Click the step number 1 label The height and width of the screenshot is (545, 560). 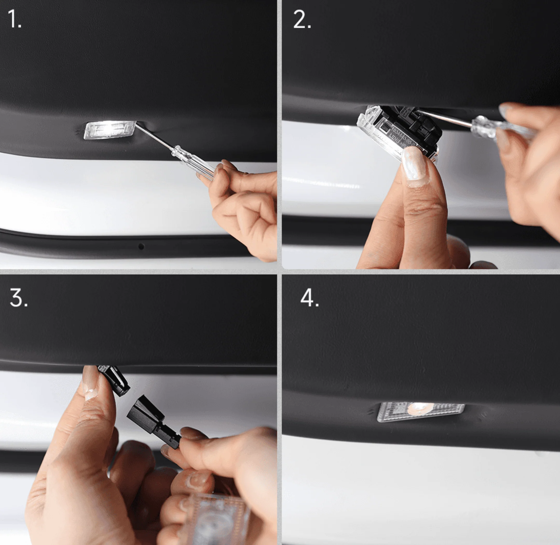14,19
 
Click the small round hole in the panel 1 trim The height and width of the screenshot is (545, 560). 141,246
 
